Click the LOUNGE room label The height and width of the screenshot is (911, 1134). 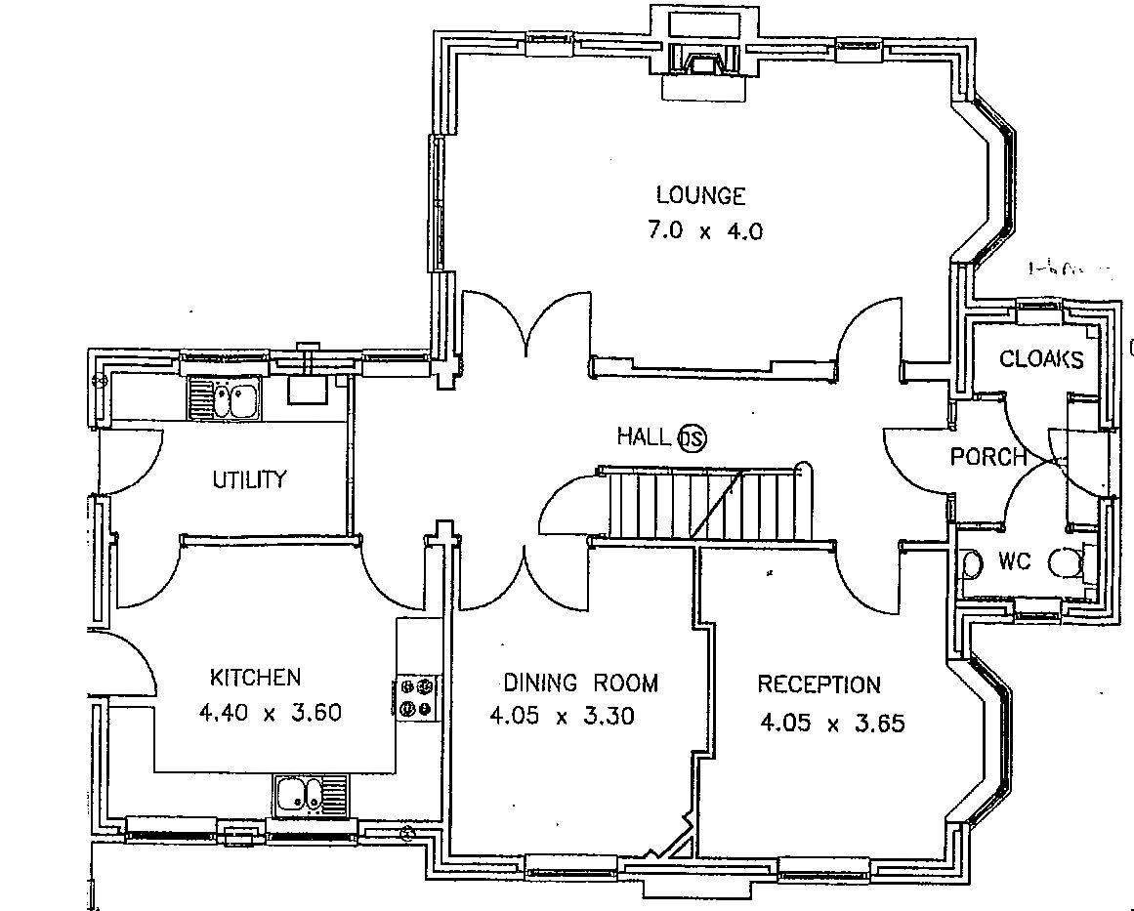pos(700,195)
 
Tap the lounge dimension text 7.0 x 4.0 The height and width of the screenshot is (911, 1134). pos(703,231)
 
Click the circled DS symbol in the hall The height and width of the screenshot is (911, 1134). pos(692,437)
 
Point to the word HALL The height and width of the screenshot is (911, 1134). pos(644,436)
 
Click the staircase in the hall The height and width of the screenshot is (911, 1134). pos(699,503)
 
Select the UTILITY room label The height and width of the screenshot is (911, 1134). pos(250,479)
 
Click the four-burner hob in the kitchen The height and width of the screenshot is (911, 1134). pos(419,697)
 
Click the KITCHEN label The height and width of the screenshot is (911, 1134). pos(255,677)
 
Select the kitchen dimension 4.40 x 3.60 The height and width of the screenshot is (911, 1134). pos(270,712)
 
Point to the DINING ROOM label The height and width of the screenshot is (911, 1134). pos(580,683)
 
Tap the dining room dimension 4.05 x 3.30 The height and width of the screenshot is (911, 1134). pos(562,717)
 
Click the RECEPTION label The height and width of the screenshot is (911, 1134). pos(819,684)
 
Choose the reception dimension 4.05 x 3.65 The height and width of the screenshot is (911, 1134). pos(832,724)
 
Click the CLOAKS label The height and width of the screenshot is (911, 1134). pos(1041,359)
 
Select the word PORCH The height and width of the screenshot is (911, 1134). pos(988,456)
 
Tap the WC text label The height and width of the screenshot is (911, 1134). pos(1014,562)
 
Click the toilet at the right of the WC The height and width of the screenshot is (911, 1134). pos(1066,563)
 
